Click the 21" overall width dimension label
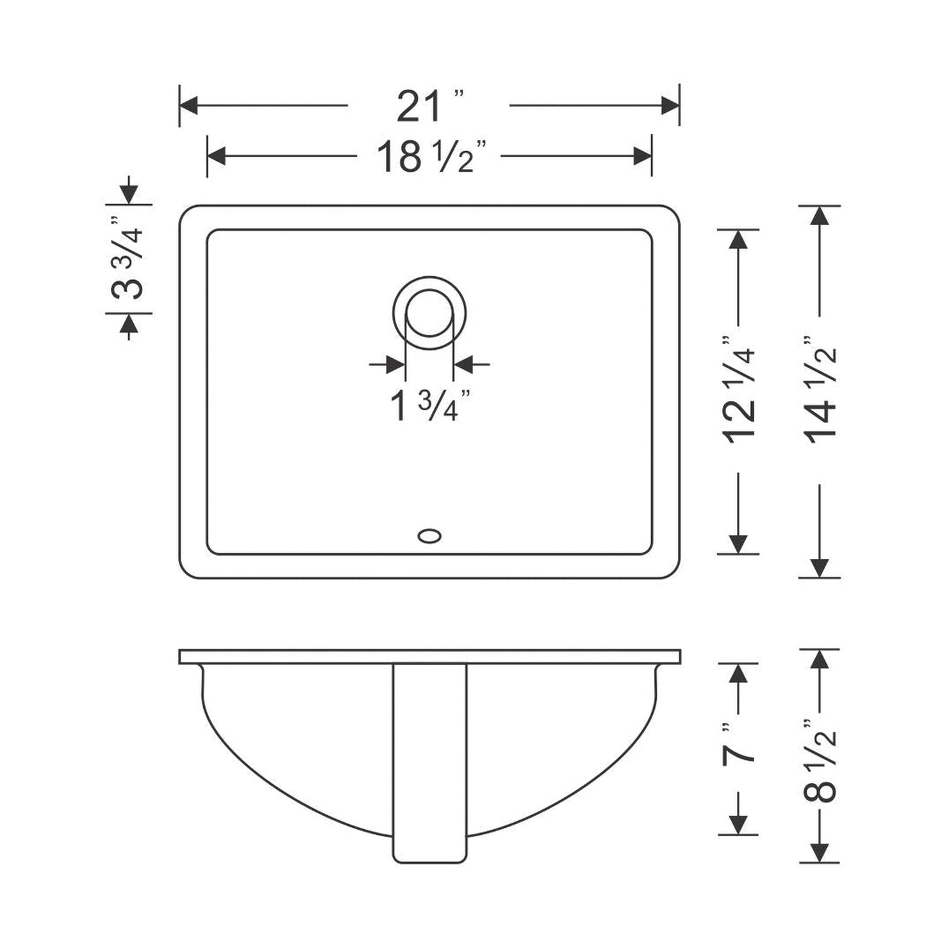click(x=428, y=106)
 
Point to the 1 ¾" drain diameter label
click(x=431, y=406)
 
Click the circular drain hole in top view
click(x=429, y=313)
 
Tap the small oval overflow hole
click(x=429, y=535)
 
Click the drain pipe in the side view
click(x=429, y=763)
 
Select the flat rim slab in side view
click(x=429, y=656)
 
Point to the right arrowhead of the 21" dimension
click(x=670, y=106)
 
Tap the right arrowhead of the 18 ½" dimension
click(x=642, y=156)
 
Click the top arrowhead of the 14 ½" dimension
click(x=820, y=215)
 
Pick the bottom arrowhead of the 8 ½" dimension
click(x=820, y=852)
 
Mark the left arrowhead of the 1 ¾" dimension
click(x=396, y=365)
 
